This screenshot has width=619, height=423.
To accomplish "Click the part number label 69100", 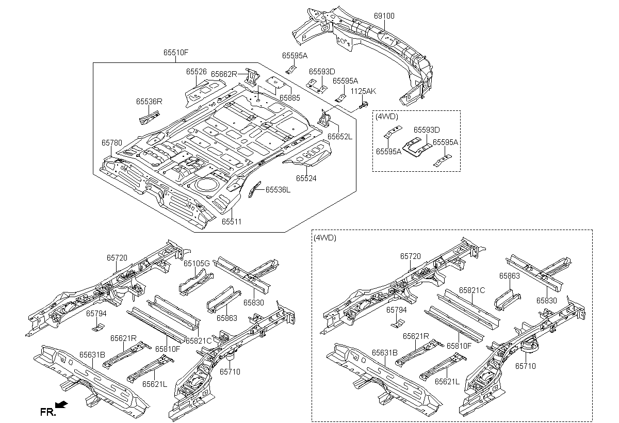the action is (384, 16).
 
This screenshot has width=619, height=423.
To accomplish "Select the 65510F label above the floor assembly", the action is (176, 52).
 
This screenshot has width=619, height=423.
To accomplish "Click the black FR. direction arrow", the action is (61, 405).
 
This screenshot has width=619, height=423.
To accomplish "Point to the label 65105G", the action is (197, 263).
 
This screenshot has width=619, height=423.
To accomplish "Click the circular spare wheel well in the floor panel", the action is (205, 184).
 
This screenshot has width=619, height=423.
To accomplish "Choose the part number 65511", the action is (232, 222).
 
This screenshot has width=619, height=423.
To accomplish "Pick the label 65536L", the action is (278, 190).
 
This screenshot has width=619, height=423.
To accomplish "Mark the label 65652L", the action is (340, 137).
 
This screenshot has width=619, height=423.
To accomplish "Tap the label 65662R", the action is (224, 74).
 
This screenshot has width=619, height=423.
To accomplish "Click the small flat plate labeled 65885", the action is (275, 82).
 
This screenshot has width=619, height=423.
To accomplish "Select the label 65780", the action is (111, 142).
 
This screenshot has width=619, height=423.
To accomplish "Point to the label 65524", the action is (306, 178).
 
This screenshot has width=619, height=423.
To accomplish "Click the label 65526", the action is (196, 72).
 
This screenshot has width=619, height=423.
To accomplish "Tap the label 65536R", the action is (149, 102).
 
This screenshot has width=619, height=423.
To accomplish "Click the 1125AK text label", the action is (363, 91).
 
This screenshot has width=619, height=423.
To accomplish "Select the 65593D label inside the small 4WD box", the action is (427, 130).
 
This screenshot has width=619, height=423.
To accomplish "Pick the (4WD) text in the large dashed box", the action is (325, 238).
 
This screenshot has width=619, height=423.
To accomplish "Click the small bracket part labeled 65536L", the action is (254, 189).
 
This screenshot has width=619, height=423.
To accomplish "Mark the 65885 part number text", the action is (289, 98).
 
